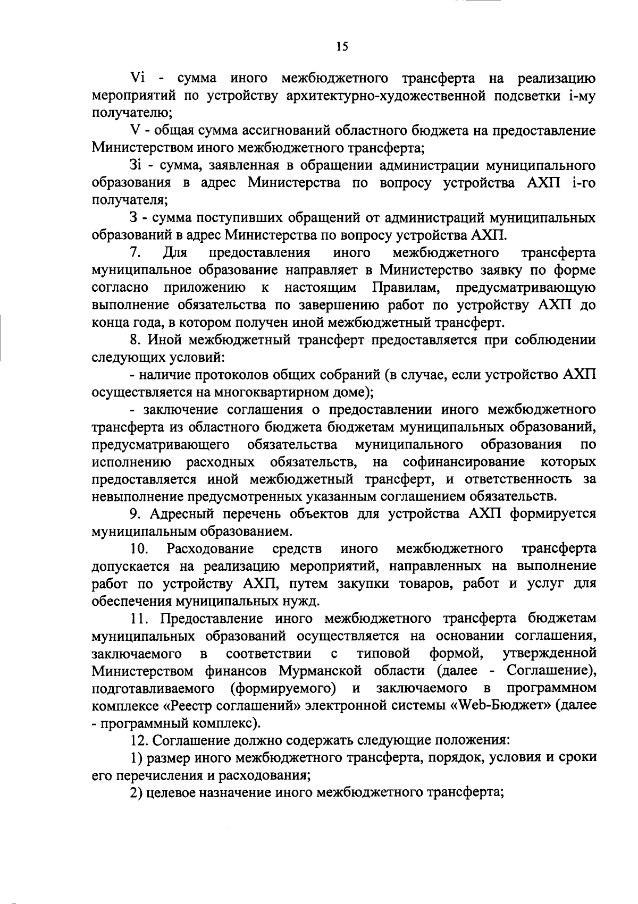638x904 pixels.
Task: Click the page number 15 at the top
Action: click(x=342, y=47)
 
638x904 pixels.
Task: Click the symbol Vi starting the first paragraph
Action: click(x=137, y=79)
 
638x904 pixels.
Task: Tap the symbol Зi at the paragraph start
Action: click(x=137, y=166)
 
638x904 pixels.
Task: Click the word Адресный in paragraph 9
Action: click(x=179, y=513)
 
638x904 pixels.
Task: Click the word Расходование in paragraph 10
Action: click(x=210, y=548)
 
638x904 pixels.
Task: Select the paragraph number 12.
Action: click(x=141, y=739)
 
